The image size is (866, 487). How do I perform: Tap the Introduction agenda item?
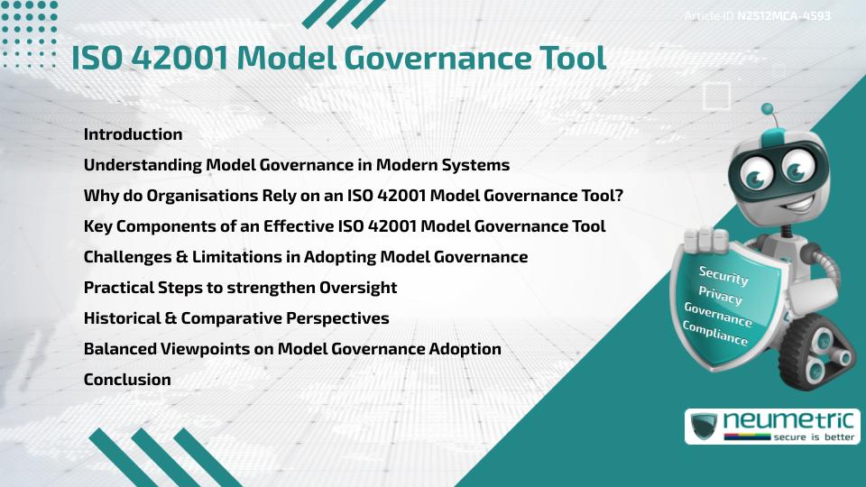tap(133, 134)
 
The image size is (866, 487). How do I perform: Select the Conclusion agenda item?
tap(127, 380)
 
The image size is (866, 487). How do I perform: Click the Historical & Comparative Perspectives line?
tap(236, 318)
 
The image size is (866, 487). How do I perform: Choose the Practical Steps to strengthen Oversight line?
tap(240, 288)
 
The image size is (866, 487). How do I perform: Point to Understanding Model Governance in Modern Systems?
tap(297, 165)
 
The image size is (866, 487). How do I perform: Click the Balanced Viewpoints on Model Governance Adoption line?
tap(292, 349)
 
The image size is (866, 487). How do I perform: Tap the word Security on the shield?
tap(723, 276)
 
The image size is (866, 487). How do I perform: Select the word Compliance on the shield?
tap(714, 334)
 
